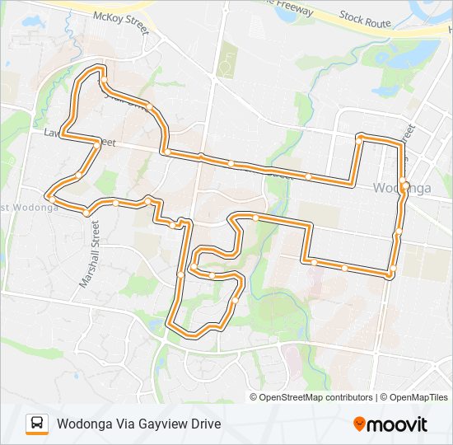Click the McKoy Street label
click(120, 21)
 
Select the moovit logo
click(390, 424)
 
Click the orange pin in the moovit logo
click(359, 424)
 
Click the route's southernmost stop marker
click(196, 334)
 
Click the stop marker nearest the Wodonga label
click(402, 180)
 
